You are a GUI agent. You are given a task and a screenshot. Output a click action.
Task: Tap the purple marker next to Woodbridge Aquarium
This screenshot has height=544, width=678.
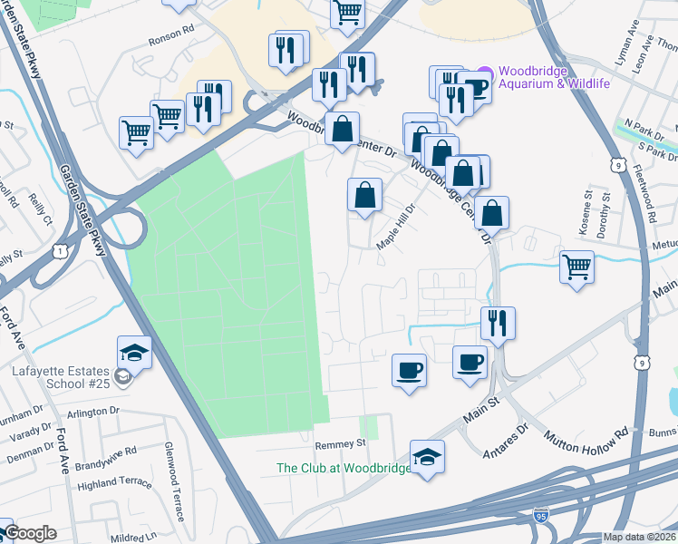point(485,72)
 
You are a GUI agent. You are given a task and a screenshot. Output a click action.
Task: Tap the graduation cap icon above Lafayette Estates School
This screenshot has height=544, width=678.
point(134,352)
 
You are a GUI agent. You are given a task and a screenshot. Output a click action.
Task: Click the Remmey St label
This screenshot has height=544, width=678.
point(340,444)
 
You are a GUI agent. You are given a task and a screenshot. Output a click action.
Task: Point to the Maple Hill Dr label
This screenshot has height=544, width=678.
point(394,220)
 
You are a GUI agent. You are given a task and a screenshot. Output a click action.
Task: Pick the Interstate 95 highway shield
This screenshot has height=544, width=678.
point(541,514)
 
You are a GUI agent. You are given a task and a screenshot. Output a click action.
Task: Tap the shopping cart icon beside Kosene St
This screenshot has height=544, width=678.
point(576,267)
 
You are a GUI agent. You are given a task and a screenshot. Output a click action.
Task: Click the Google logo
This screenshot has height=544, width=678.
point(30,533)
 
